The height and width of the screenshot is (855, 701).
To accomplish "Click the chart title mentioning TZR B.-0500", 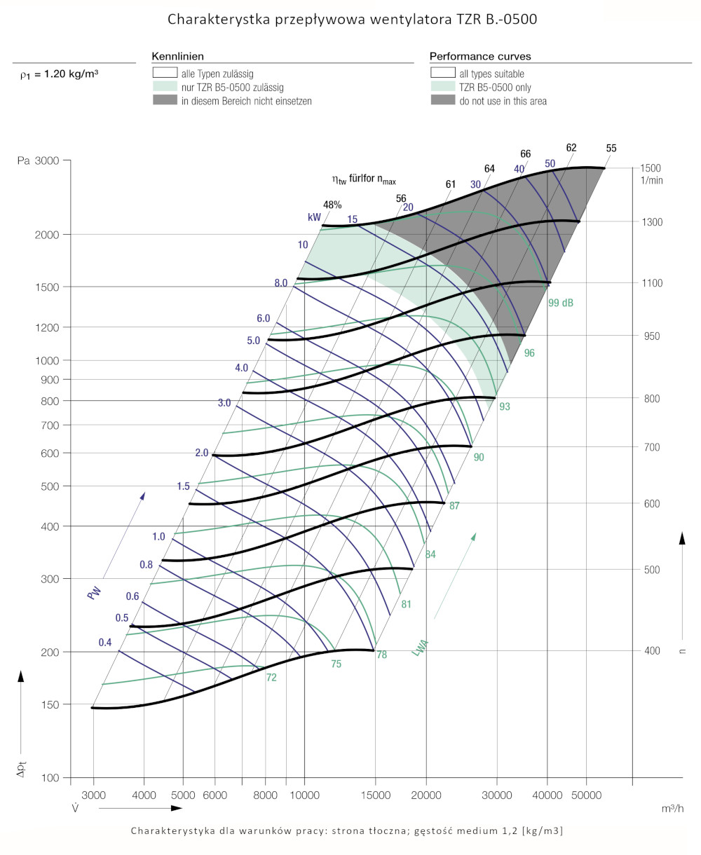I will (352, 20).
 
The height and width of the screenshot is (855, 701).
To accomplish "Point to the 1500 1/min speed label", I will (651, 168).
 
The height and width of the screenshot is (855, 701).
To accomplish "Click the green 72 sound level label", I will (271, 678).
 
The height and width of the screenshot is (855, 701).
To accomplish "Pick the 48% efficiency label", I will (332, 205).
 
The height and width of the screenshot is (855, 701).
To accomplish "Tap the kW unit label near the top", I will (314, 217).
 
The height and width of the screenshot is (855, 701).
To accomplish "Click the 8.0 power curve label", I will (281, 283).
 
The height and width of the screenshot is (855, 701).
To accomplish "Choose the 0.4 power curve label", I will (105, 643).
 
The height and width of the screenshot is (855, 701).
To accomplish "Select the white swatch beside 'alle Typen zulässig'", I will (165, 73).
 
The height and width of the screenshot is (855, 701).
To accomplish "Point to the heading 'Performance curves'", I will (480, 56).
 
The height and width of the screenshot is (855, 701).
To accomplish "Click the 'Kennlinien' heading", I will (178, 56).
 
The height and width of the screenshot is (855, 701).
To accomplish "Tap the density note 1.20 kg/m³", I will (59, 73).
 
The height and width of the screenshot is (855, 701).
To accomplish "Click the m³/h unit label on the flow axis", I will (672, 808).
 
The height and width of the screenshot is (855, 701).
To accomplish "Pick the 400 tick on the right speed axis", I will (651, 651).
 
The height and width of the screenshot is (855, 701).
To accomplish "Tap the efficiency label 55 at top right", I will (611, 149).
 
